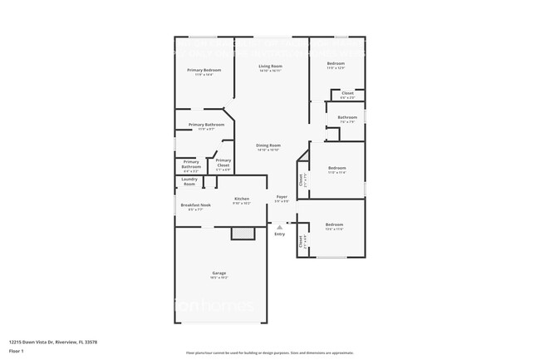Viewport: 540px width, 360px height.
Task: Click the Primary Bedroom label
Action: (204, 71)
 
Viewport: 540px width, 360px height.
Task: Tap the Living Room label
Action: (270, 67)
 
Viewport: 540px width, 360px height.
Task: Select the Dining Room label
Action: (268, 145)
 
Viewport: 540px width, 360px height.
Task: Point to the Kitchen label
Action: (242, 200)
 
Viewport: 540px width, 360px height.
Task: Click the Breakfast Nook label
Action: (195, 205)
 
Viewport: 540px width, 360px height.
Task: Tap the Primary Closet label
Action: (223, 164)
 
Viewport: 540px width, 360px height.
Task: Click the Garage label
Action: (218, 273)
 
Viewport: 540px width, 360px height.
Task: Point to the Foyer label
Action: (282, 197)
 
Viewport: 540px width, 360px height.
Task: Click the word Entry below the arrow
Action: (279, 234)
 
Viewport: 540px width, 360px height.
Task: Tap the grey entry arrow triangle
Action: (279, 226)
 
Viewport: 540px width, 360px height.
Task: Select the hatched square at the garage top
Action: (243, 235)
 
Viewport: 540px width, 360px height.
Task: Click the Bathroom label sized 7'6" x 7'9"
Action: (347, 117)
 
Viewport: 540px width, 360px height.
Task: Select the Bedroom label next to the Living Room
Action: (336, 64)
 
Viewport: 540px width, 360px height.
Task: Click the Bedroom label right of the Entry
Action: (334, 225)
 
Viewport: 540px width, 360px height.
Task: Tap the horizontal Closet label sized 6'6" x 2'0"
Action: (347, 93)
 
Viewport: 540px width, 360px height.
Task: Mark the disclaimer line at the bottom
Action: (269, 353)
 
